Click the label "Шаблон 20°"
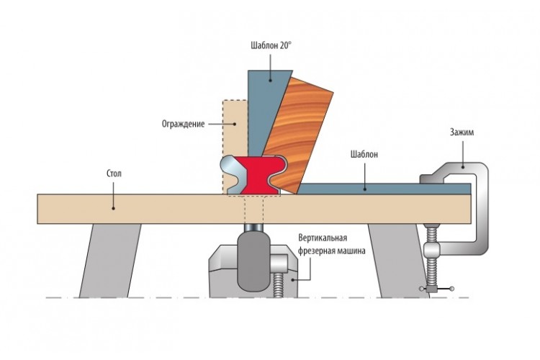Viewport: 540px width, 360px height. click(x=271, y=46)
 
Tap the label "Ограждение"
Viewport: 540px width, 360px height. click(x=183, y=124)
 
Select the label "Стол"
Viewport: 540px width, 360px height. click(x=114, y=174)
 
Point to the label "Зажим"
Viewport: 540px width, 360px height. click(x=462, y=132)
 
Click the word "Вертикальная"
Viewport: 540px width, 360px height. click(x=323, y=238)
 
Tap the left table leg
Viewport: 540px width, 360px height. click(x=110, y=261)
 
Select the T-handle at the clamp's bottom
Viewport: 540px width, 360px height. click(x=436, y=289)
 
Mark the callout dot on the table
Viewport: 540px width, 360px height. click(x=113, y=208)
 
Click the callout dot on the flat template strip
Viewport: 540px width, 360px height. click(x=365, y=189)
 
